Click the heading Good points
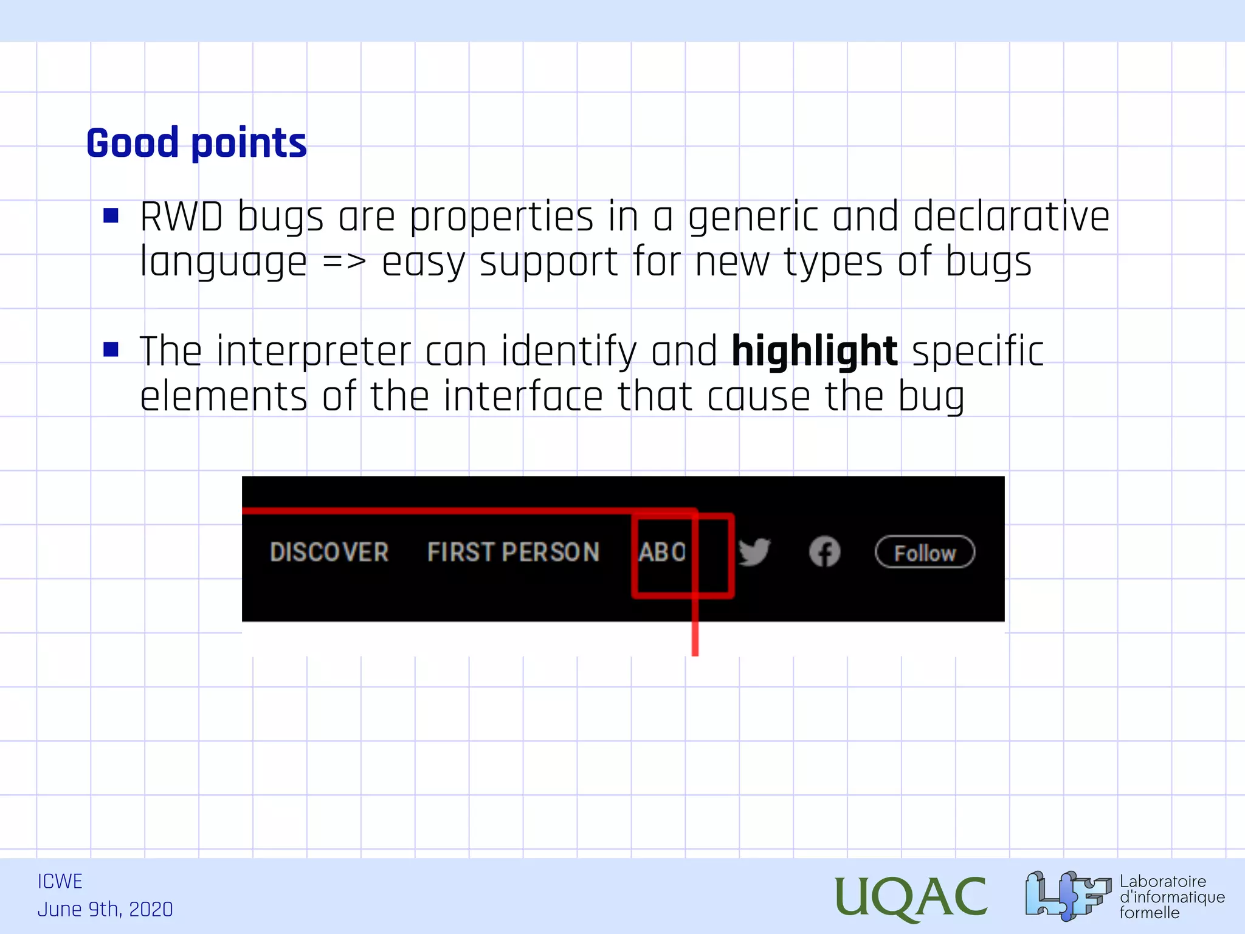(196, 144)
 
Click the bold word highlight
(814, 351)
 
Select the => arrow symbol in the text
(344, 263)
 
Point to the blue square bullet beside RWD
(111, 215)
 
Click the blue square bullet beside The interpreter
(111, 349)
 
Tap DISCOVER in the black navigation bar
(329, 552)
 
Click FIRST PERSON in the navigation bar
(513, 552)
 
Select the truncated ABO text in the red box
(661, 552)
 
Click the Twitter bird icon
(754, 552)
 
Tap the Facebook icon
(824, 552)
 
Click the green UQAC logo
(910, 896)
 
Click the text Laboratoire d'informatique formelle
(1171, 897)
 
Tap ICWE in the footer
(60, 881)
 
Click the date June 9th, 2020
(105, 910)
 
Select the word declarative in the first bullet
(1011, 217)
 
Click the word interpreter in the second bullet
(314, 353)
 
